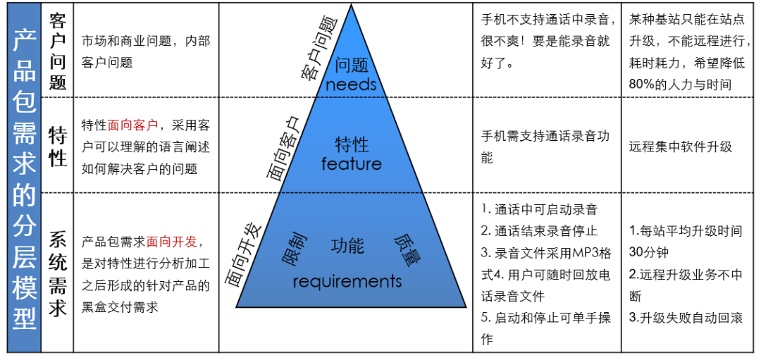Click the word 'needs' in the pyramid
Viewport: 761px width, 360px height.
[351, 85]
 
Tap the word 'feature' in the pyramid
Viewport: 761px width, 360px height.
[351, 164]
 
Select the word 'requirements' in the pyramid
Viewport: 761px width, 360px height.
[347, 282]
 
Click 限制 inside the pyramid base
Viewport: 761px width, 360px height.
[295, 249]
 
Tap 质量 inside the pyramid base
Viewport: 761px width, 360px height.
[404, 248]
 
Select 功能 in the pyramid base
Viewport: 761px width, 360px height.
[347, 246]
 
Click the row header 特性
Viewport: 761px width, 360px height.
[58, 146]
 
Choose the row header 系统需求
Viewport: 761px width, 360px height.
[58, 275]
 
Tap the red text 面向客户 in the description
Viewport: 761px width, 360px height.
[133, 125]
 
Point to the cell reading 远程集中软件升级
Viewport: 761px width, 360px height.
[680, 147]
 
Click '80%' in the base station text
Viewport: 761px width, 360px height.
[643, 85]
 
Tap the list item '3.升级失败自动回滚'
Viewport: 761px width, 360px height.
[686, 318]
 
